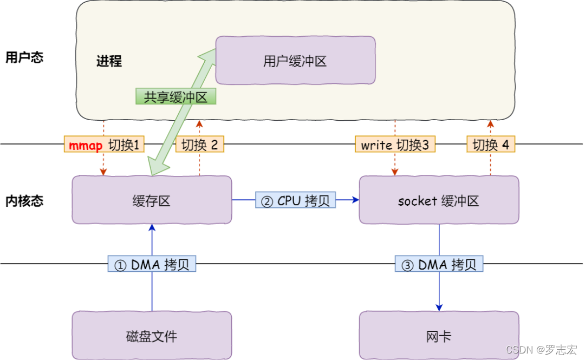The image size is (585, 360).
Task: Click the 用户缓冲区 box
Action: pos(295,61)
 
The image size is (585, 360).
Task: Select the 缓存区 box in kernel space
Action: pos(152,201)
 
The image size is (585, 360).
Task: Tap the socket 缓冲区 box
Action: pos(439,201)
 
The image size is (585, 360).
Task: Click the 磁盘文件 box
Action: pos(152,336)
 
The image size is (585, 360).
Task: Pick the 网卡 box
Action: pos(439,336)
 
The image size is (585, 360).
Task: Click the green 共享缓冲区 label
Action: pos(175,97)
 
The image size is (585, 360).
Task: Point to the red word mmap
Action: pos(86,145)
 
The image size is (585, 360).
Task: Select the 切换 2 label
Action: pos(199,145)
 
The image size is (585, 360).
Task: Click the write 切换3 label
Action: pos(395,145)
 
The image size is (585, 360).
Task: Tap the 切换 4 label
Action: pos(491,145)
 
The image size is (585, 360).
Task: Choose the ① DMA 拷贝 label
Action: pos(152,265)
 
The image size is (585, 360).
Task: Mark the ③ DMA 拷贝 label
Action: pos(439,265)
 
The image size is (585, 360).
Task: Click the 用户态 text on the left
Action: pos(24,57)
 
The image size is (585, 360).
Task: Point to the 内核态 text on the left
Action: pos(24,201)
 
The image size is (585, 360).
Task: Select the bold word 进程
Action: pos(109,61)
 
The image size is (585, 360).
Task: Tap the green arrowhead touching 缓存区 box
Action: pos(157,168)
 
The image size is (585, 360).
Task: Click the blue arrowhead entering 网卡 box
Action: pos(439,307)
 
